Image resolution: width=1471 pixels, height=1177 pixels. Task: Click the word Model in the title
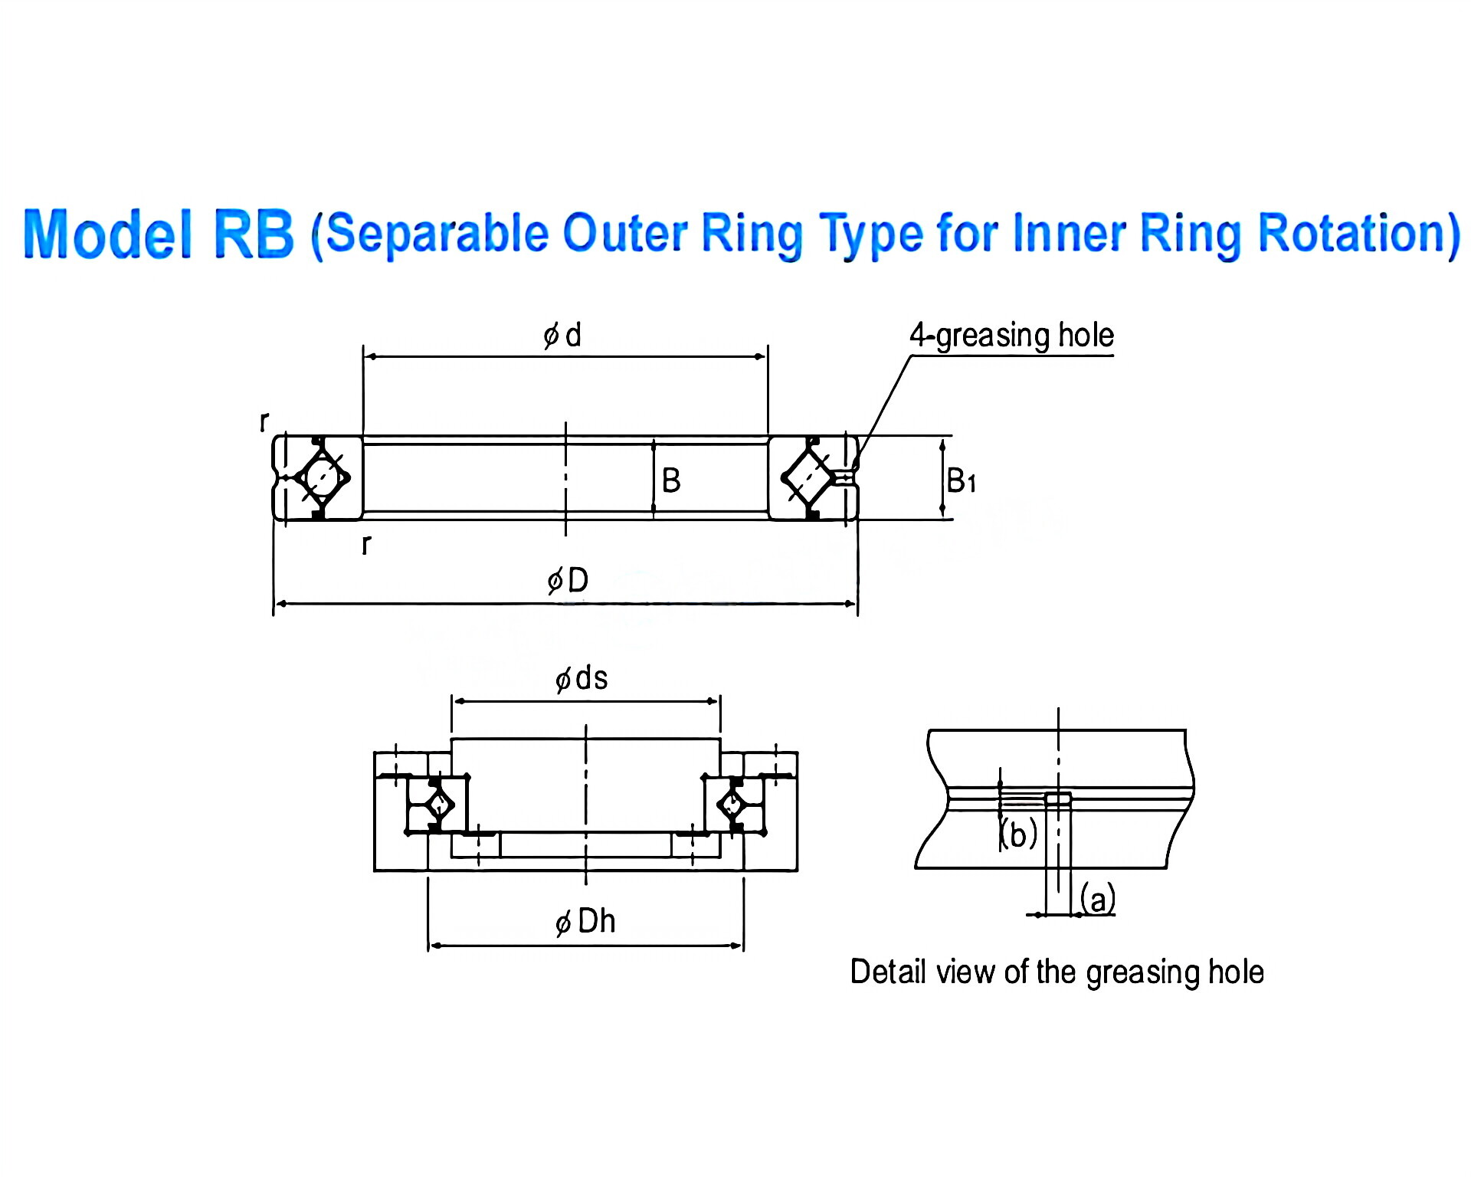(107, 233)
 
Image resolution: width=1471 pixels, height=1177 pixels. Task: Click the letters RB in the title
(254, 233)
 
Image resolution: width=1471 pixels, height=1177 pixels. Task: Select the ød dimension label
(562, 336)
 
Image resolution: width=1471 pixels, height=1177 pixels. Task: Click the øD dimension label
(568, 580)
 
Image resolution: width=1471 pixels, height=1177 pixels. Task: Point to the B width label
(671, 481)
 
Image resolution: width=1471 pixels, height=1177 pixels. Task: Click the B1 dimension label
(961, 481)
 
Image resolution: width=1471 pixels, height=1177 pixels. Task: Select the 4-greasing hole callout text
(1011, 336)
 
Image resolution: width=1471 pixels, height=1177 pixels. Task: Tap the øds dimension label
(582, 679)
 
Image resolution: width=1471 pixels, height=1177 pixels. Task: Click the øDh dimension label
(585, 921)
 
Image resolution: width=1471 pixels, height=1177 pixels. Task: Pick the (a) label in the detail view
(1098, 898)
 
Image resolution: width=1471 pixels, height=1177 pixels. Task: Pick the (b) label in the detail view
(1019, 834)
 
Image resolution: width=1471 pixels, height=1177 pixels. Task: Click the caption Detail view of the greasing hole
(1057, 972)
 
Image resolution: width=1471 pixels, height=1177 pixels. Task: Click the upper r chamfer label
(264, 421)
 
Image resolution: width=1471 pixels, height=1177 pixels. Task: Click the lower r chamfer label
(366, 544)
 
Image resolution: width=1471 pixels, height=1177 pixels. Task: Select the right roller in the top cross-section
(809, 477)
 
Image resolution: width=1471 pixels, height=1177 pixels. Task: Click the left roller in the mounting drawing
(439, 805)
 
